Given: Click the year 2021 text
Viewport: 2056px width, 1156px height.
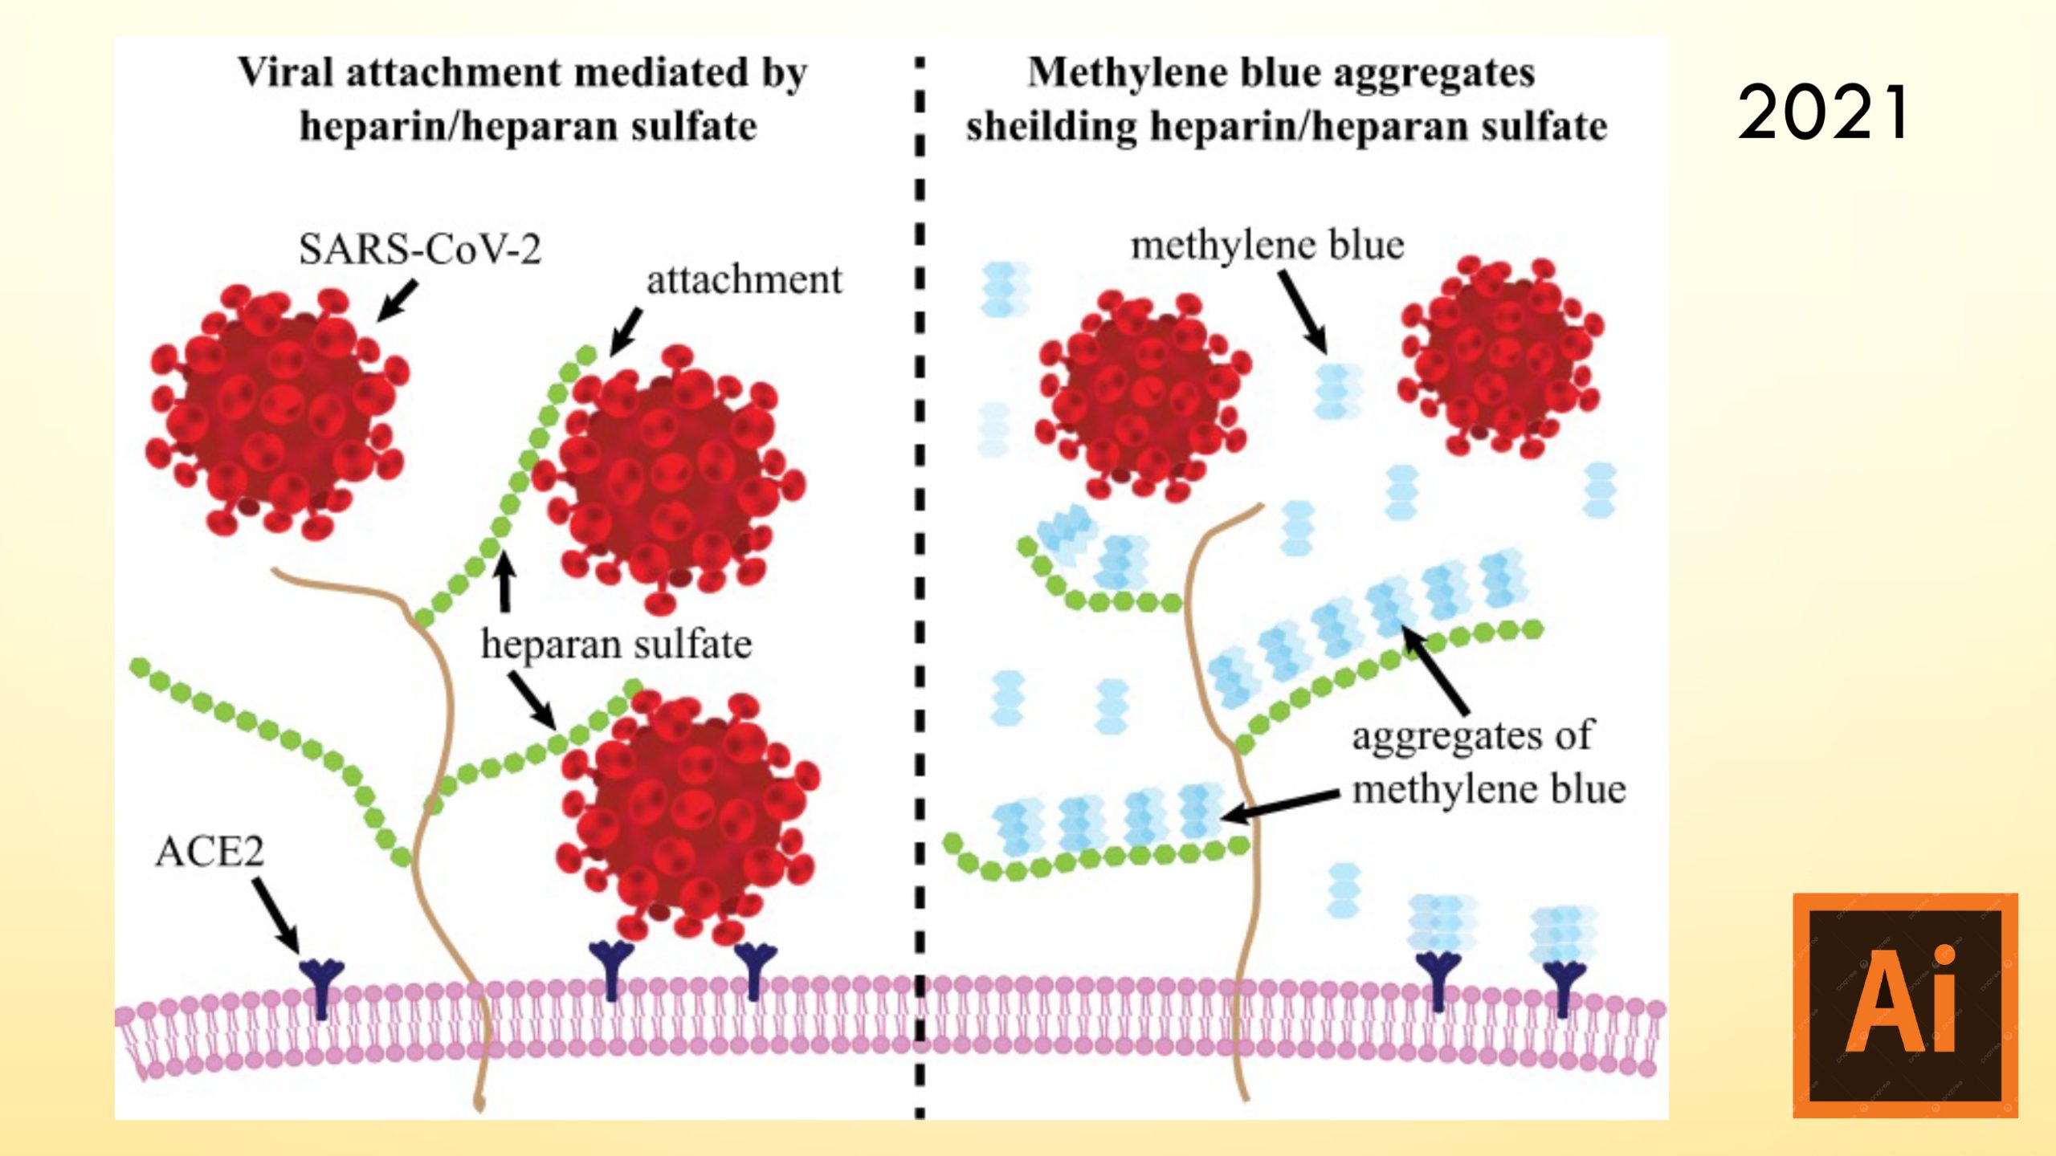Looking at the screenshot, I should [1823, 112].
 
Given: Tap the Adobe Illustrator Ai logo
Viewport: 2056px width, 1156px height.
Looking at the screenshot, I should [1905, 1005].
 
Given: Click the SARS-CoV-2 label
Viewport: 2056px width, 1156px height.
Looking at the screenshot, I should [420, 249].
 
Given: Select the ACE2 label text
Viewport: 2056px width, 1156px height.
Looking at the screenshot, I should [210, 852].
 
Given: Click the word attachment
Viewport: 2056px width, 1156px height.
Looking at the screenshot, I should [744, 280].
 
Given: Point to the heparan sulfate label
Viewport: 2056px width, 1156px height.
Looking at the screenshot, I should [616, 644].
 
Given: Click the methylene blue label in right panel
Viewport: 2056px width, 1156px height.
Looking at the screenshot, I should [1267, 245].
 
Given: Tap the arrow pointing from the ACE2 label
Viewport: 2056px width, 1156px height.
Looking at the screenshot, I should [276, 915].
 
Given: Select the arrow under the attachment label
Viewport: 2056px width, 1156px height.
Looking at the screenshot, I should [626, 332].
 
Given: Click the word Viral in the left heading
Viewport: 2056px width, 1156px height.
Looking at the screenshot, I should [285, 72].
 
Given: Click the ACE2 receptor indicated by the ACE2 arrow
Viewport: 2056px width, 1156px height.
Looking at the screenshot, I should [321, 983].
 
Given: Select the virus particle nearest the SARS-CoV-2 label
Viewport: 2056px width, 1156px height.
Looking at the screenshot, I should [277, 409].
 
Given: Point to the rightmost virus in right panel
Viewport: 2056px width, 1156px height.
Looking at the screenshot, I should [1500, 353].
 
